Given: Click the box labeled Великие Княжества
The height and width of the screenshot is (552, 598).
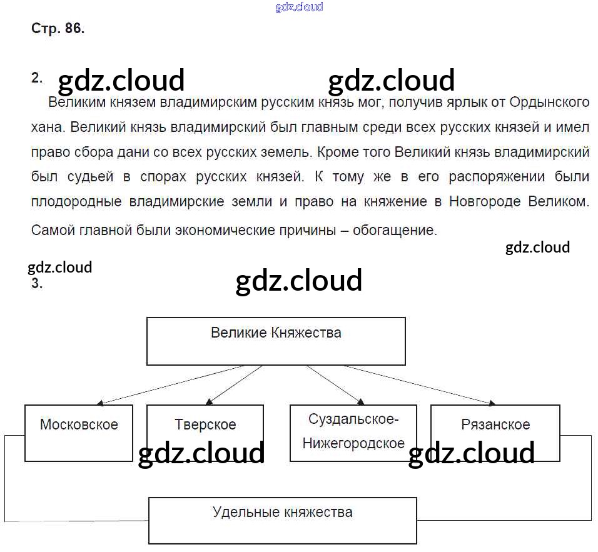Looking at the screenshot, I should (x=276, y=341).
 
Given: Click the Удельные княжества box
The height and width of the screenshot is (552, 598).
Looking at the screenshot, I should (x=282, y=520).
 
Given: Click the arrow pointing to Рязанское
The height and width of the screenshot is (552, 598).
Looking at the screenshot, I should (x=419, y=384).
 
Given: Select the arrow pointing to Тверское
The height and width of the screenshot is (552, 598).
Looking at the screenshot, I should (x=234, y=384).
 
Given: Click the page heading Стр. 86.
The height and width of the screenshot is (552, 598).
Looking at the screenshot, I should (x=58, y=29).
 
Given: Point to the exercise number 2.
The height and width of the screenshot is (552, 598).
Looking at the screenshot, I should (x=36, y=78).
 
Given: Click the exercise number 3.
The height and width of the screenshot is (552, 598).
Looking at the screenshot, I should (x=36, y=283).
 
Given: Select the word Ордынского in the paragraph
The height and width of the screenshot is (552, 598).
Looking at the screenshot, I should (x=549, y=103).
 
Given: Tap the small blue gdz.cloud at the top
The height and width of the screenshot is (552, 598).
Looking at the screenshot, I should (x=299, y=8).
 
